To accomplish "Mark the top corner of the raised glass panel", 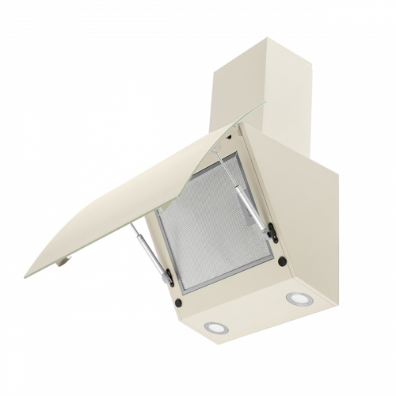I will (x=237, y=124).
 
